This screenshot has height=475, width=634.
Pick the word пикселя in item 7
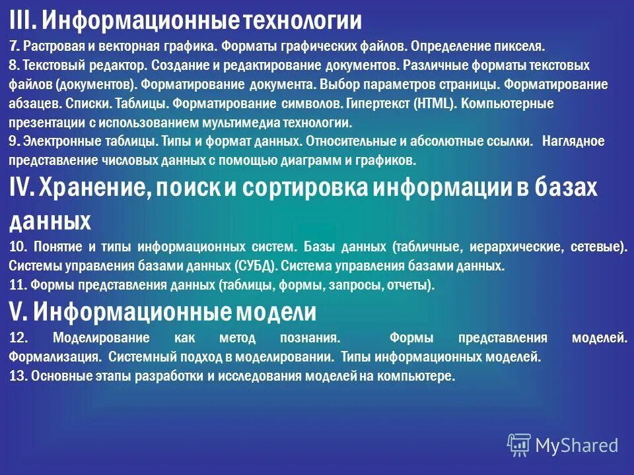coord(522,47)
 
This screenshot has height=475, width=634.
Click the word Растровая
coord(56,47)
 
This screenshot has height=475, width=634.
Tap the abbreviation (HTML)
coord(432,104)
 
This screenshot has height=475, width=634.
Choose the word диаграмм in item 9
coord(309,160)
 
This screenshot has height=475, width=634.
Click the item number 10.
coord(18,247)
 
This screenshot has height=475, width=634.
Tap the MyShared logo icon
coord(518,445)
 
